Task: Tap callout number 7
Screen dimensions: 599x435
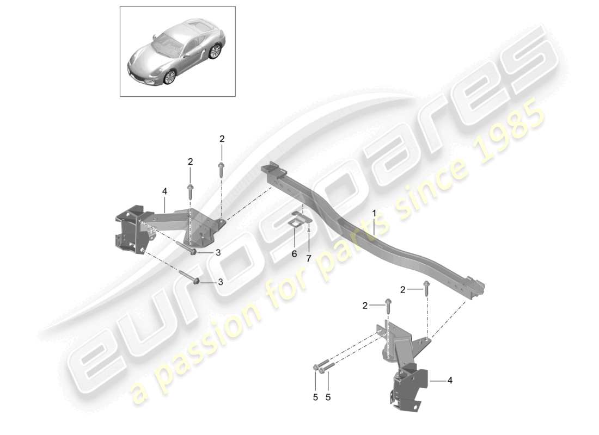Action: [309, 258]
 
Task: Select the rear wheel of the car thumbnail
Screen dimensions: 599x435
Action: [216, 52]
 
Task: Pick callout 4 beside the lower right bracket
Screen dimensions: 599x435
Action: [450, 381]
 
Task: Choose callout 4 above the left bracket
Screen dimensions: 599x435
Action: [164, 190]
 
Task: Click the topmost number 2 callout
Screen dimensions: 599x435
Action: [222, 139]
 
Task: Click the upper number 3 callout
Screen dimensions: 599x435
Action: [218, 252]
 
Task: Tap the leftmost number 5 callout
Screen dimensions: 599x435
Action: [315, 397]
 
